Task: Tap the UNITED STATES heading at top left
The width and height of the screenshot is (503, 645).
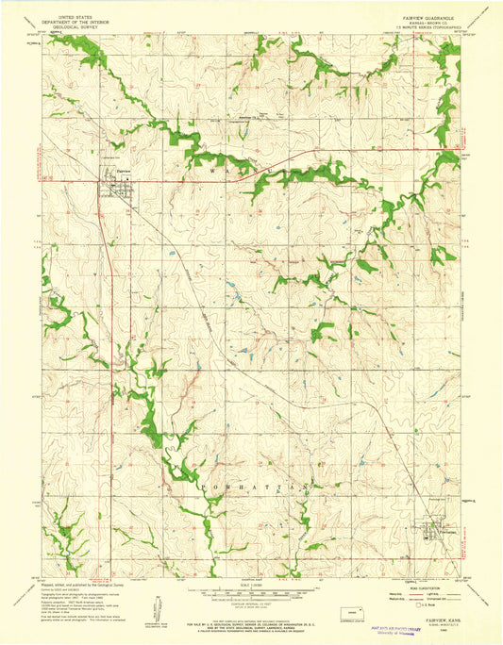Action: (72, 16)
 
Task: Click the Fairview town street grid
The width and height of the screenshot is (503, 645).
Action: (117, 185)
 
